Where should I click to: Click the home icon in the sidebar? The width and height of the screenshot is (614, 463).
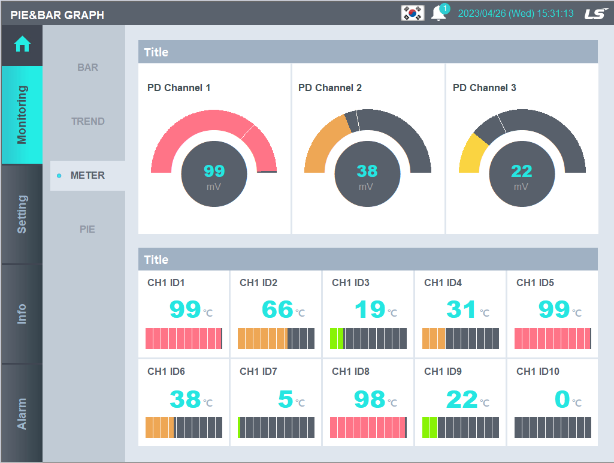click(22, 44)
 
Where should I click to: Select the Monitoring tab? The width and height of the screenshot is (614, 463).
click(22, 115)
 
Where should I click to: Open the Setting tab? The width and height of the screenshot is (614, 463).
click(22, 214)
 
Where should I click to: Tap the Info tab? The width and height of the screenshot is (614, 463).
click(22, 314)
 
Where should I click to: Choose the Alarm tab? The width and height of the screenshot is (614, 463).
click(22, 413)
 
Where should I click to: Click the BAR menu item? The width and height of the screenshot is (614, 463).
click(87, 67)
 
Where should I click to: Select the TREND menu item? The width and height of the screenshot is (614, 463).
click(87, 121)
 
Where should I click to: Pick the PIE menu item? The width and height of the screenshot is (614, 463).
click(87, 229)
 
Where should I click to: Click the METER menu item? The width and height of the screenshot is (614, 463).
click(87, 175)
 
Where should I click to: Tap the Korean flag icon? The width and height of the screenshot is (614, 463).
click(412, 13)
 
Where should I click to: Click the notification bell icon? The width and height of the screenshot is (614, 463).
click(438, 14)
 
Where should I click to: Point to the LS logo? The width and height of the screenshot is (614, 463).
click(596, 13)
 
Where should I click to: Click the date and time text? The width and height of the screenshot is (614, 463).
click(516, 13)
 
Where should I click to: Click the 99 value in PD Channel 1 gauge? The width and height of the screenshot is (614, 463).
click(214, 172)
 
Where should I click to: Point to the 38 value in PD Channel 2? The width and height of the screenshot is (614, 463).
click(367, 172)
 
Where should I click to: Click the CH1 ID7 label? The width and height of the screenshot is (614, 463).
click(258, 371)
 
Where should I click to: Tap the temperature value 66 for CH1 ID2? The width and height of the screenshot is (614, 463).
click(277, 309)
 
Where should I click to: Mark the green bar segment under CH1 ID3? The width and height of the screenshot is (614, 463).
click(337, 338)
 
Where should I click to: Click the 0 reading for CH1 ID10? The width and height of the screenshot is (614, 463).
click(562, 399)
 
